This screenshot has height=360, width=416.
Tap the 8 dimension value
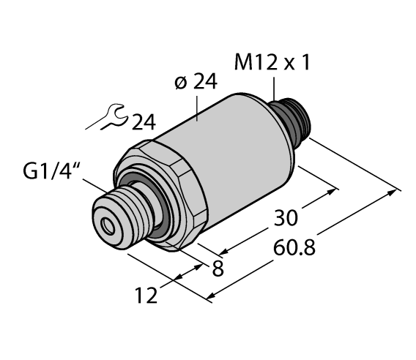[217, 269]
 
